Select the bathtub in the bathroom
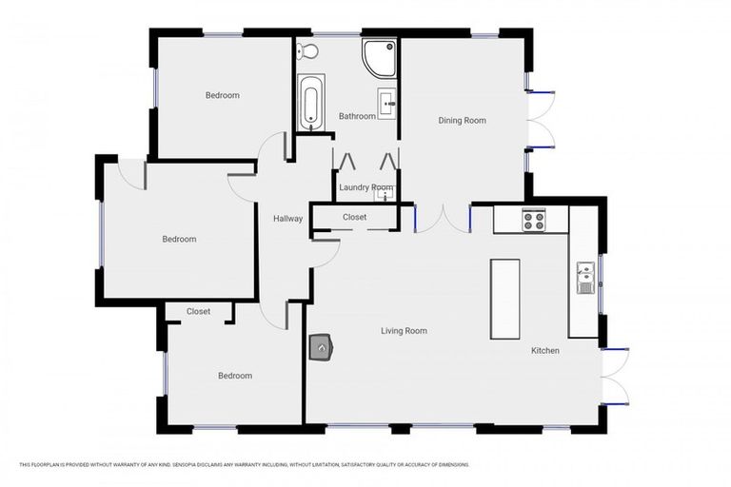(x=310, y=103)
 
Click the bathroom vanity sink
(x=385, y=103)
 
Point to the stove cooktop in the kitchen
(x=533, y=221)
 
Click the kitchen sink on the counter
(x=583, y=278)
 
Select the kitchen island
(x=504, y=299)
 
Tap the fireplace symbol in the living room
(x=322, y=348)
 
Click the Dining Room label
(x=462, y=121)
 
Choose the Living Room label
(x=404, y=331)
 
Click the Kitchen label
(x=545, y=351)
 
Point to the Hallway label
(x=287, y=219)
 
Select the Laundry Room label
(x=366, y=187)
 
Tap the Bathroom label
(x=357, y=116)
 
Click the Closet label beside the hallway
(x=354, y=218)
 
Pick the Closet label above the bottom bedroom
(x=198, y=311)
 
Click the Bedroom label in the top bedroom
(x=222, y=95)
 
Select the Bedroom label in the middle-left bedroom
(x=179, y=239)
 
